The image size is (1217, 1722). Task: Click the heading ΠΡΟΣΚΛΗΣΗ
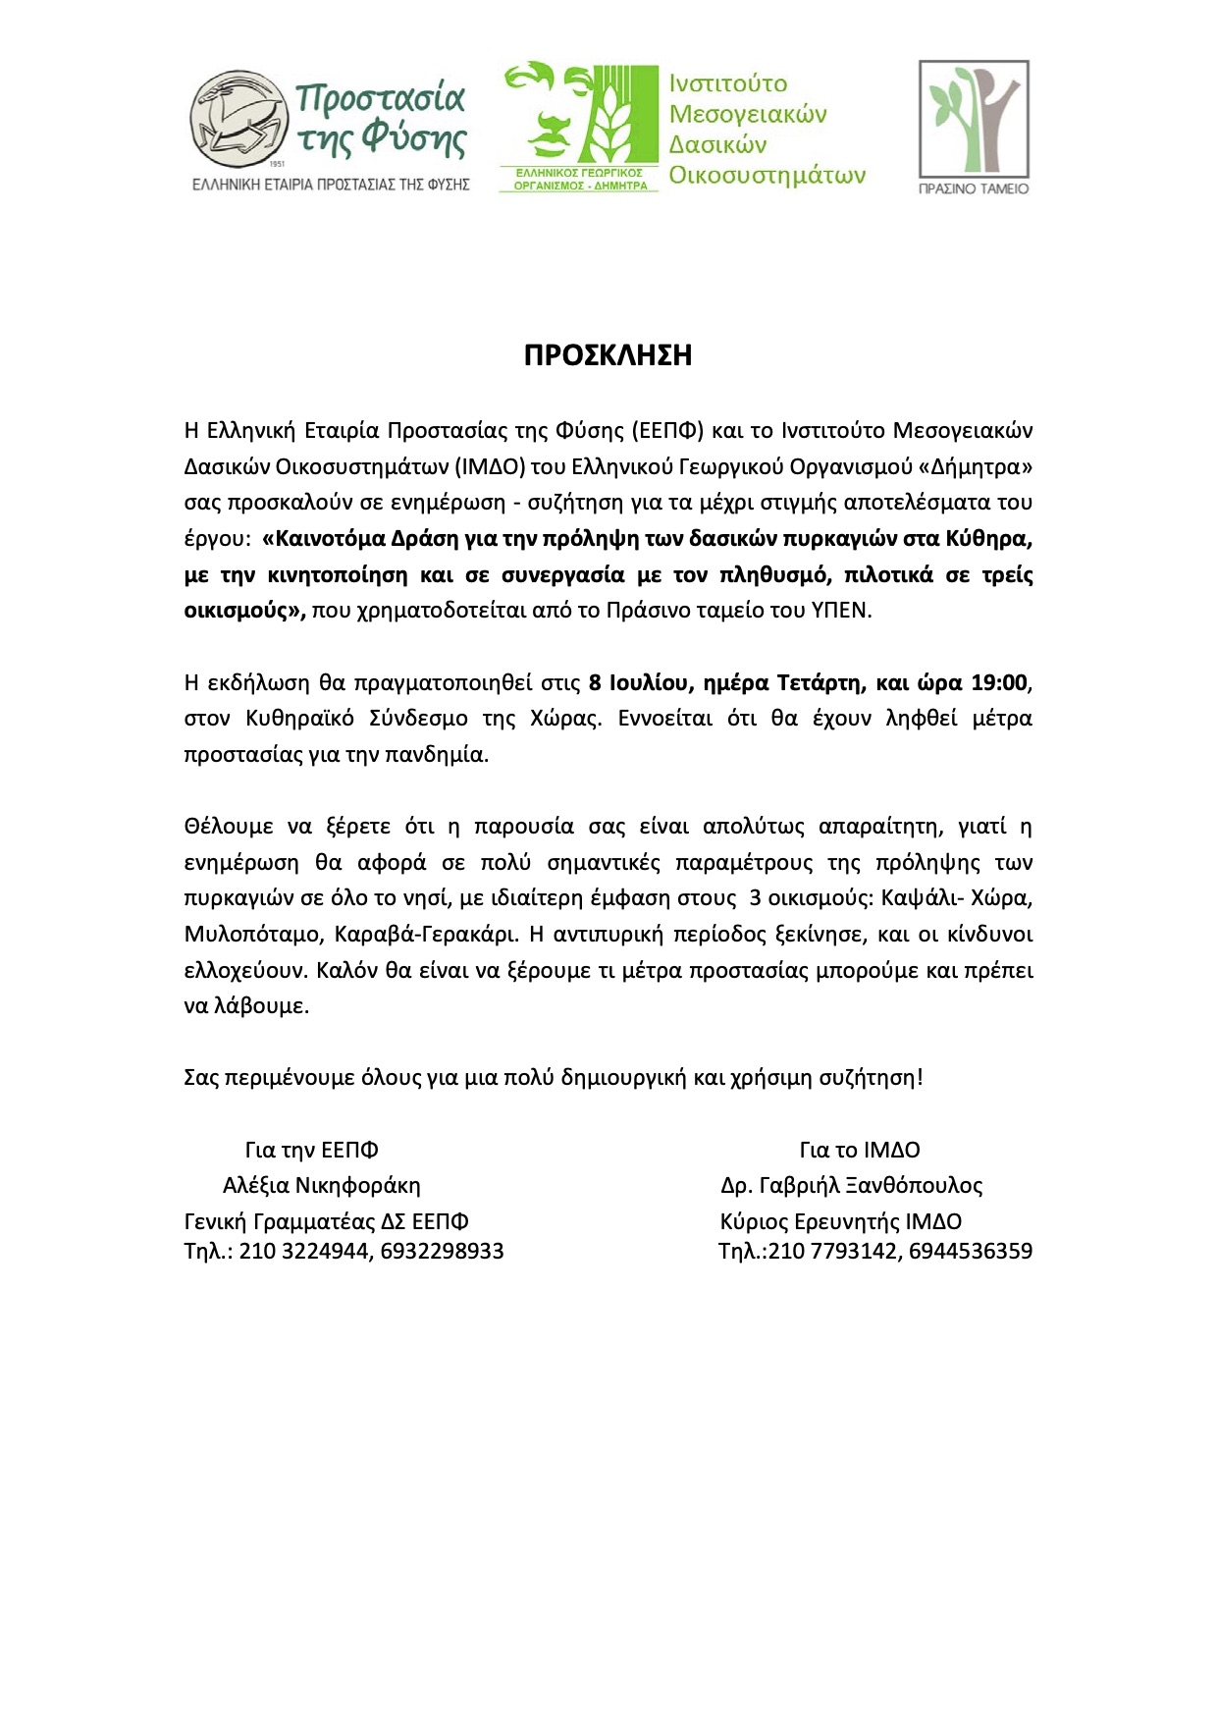coord(608,355)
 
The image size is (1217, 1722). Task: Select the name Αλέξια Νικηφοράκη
coord(321,1186)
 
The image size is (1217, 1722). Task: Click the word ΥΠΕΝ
coord(840,611)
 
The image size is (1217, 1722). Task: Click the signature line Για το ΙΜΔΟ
coord(860,1151)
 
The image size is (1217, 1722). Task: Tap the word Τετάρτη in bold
coord(820,682)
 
